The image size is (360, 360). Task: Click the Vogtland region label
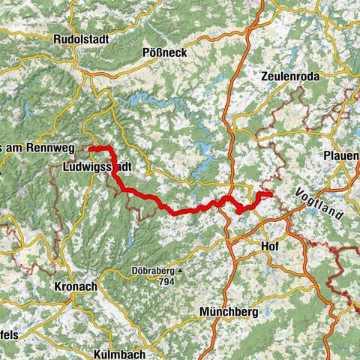point(319,202)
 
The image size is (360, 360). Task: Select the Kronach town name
point(78,286)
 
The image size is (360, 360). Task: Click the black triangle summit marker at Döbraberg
point(179,271)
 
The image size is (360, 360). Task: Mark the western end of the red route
point(90,149)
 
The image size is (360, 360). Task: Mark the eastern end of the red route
point(270,196)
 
